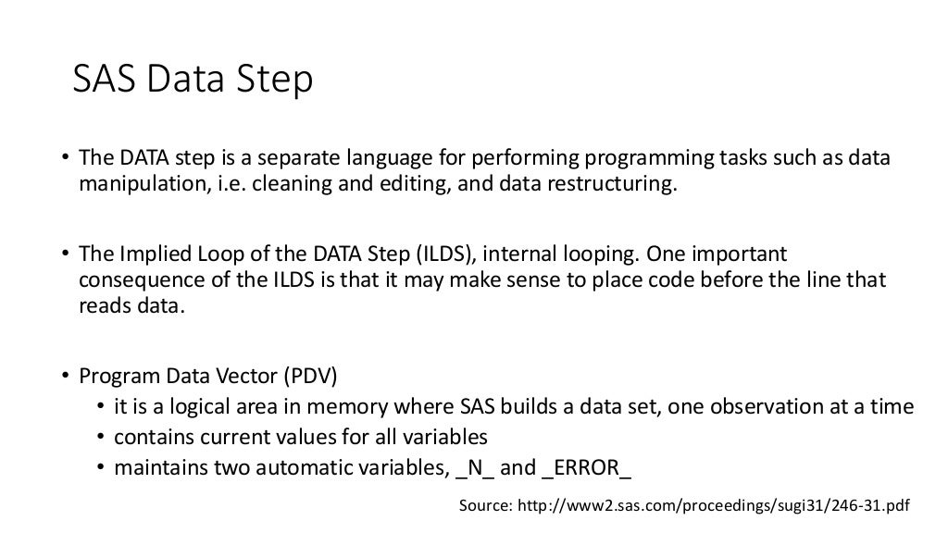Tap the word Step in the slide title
(271, 82)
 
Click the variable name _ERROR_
(587, 467)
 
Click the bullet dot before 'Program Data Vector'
(67, 377)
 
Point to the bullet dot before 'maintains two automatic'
(101, 467)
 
